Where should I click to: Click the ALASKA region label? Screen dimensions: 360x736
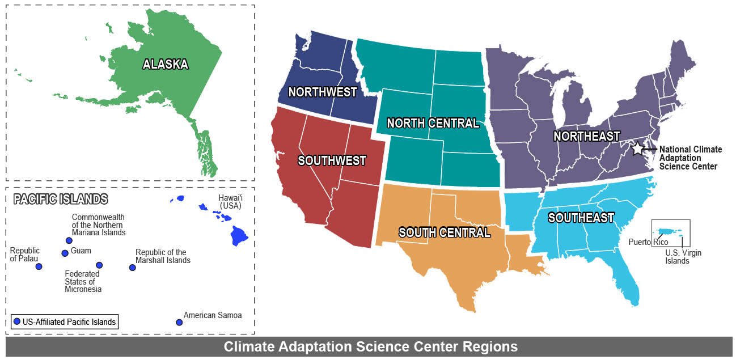click(165, 64)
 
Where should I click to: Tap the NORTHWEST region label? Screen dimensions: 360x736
click(322, 92)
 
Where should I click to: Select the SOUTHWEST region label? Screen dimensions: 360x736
click(332, 160)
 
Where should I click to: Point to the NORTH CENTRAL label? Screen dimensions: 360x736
click(433, 123)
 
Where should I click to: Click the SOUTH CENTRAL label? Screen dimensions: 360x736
click(445, 232)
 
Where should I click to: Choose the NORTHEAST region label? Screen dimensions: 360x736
click(587, 136)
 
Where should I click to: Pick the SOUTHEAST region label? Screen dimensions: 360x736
click(581, 218)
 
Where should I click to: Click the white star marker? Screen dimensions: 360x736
click(637, 149)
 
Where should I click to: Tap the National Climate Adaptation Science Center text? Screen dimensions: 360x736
click(691, 158)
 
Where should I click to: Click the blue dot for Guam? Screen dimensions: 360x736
click(65, 253)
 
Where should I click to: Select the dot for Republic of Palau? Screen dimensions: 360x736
click(39, 266)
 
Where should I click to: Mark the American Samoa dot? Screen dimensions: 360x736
click(179, 322)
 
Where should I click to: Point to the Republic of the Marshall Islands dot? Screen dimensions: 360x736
click(132, 267)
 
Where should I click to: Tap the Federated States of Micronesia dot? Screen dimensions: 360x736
click(99, 265)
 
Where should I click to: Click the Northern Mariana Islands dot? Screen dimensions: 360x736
click(69, 240)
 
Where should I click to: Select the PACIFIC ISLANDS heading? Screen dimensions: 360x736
click(60, 199)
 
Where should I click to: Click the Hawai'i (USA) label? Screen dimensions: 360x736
click(230, 201)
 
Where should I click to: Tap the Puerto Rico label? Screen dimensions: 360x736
click(648, 242)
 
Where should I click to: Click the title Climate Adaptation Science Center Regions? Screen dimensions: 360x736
click(370, 346)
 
